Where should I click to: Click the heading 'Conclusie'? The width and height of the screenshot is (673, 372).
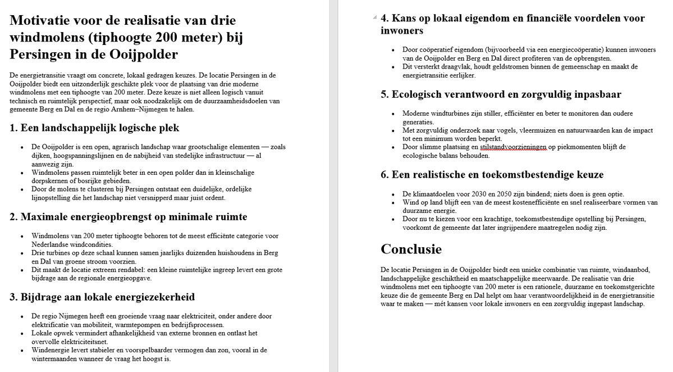tap(411, 249)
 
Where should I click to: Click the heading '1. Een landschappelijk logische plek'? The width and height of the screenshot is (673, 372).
tap(94, 128)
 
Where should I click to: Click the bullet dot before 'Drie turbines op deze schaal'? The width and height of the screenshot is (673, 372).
tap(21, 253)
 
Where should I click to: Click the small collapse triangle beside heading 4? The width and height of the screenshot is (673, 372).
tap(374, 18)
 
